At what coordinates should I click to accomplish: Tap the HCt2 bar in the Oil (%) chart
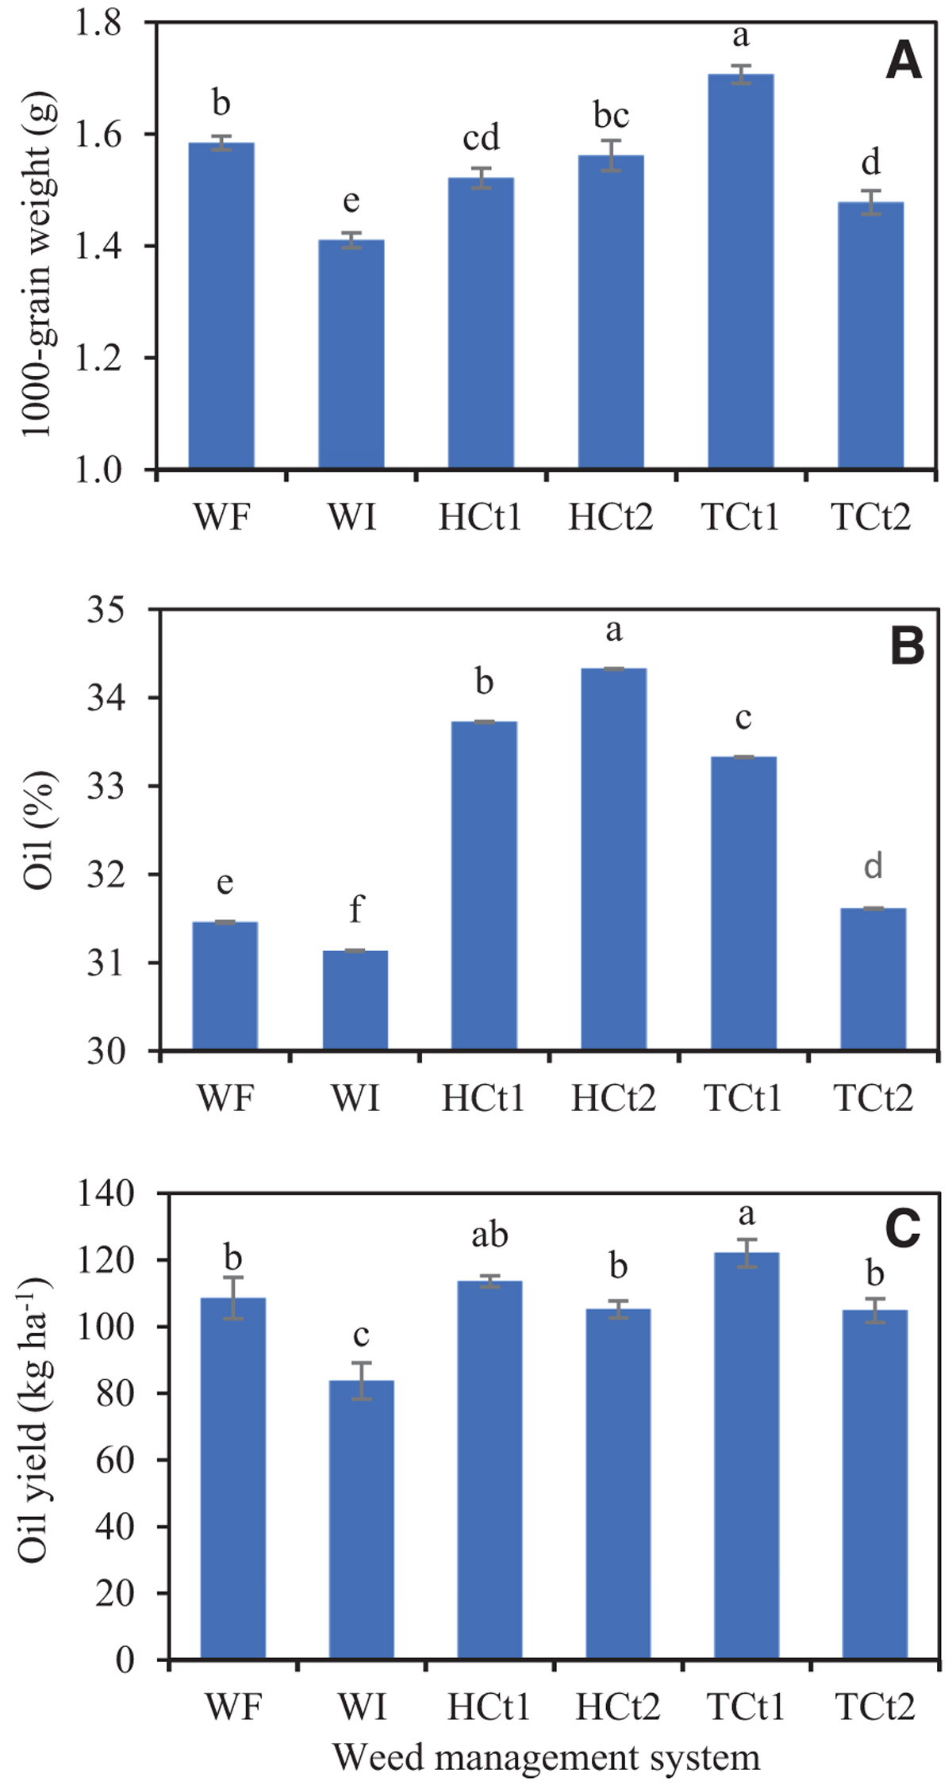[613, 860]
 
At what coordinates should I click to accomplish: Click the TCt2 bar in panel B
[873, 979]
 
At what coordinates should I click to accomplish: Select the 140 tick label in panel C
[106, 1194]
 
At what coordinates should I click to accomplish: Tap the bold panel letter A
[904, 61]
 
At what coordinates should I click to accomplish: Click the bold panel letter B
[907, 646]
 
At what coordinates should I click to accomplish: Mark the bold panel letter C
[902, 1230]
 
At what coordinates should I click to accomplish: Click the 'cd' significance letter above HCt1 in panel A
[481, 138]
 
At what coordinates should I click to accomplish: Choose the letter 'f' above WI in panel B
[356, 909]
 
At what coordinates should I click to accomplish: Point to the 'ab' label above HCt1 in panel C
[489, 1235]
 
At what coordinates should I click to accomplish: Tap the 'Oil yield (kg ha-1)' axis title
[35, 1419]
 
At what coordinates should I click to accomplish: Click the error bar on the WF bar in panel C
[232, 1298]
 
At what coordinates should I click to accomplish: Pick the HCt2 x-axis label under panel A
[610, 517]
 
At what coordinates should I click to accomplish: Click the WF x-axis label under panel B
[225, 1098]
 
